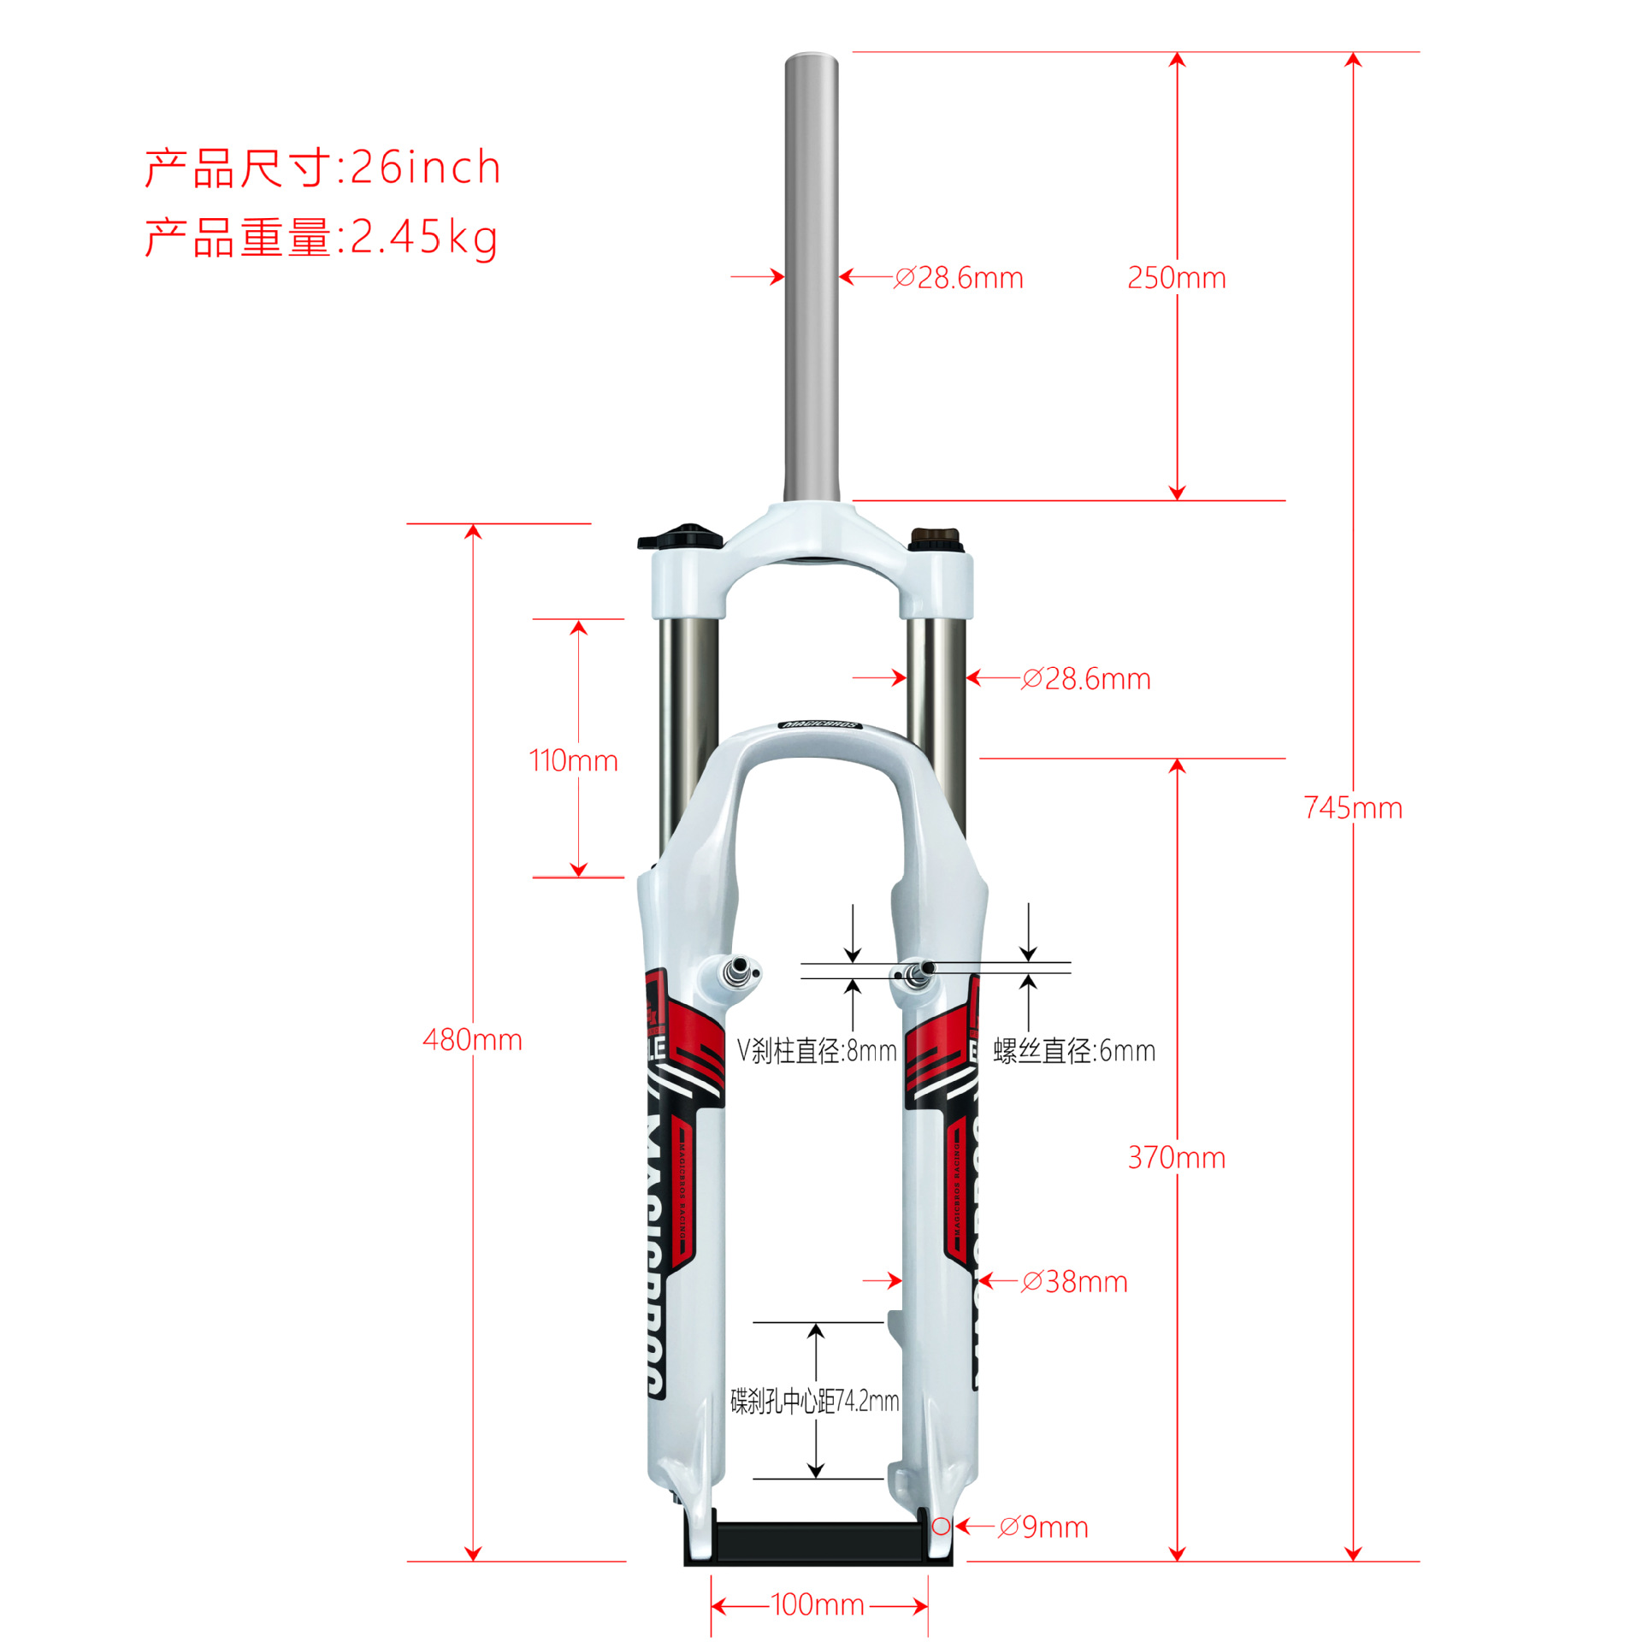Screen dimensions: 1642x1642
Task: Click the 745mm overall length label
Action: click(1352, 808)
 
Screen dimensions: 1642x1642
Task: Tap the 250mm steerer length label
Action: click(1176, 278)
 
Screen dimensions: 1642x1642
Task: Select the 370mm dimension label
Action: click(1176, 1158)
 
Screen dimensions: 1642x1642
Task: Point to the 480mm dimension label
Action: click(472, 1040)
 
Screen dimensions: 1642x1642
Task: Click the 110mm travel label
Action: click(573, 760)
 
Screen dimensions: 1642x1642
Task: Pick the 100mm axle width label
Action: click(817, 1604)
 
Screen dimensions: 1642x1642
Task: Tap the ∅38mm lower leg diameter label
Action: click(1074, 1282)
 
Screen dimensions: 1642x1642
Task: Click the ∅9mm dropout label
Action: click(1043, 1527)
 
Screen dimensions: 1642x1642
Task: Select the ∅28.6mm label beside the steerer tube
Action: click(958, 278)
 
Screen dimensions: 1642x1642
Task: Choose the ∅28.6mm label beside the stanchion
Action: click(1085, 679)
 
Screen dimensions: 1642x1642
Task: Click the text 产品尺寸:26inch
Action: click(322, 168)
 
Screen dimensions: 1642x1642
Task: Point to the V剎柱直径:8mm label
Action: click(817, 1051)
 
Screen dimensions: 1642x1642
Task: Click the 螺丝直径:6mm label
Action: click(1074, 1051)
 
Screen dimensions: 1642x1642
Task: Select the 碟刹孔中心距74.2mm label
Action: click(815, 1401)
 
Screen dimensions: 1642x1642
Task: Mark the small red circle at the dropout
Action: click(940, 1527)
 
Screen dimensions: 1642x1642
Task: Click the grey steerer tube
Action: click(812, 274)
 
